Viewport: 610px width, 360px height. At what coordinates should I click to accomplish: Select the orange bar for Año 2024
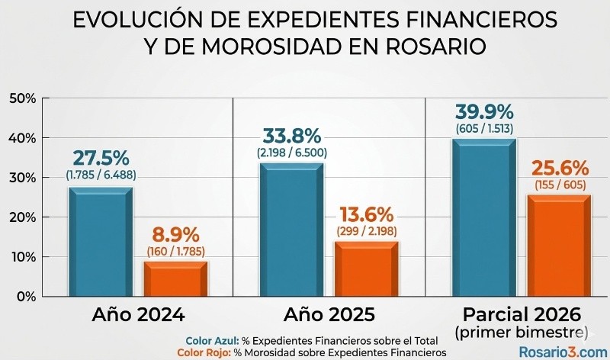point(176,278)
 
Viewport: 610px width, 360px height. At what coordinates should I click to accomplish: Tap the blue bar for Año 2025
point(292,229)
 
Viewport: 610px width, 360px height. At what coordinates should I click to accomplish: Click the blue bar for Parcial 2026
point(484,217)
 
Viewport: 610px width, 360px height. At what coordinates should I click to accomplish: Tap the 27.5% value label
point(101,158)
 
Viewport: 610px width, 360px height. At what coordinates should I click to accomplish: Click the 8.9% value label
point(176,233)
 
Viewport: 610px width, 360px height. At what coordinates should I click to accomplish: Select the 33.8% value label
point(292,136)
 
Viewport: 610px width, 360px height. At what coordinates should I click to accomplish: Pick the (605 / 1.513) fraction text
point(484,127)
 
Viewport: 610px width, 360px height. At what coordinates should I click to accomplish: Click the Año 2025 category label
point(329,313)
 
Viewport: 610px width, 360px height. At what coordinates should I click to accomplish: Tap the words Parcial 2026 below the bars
point(522,313)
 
